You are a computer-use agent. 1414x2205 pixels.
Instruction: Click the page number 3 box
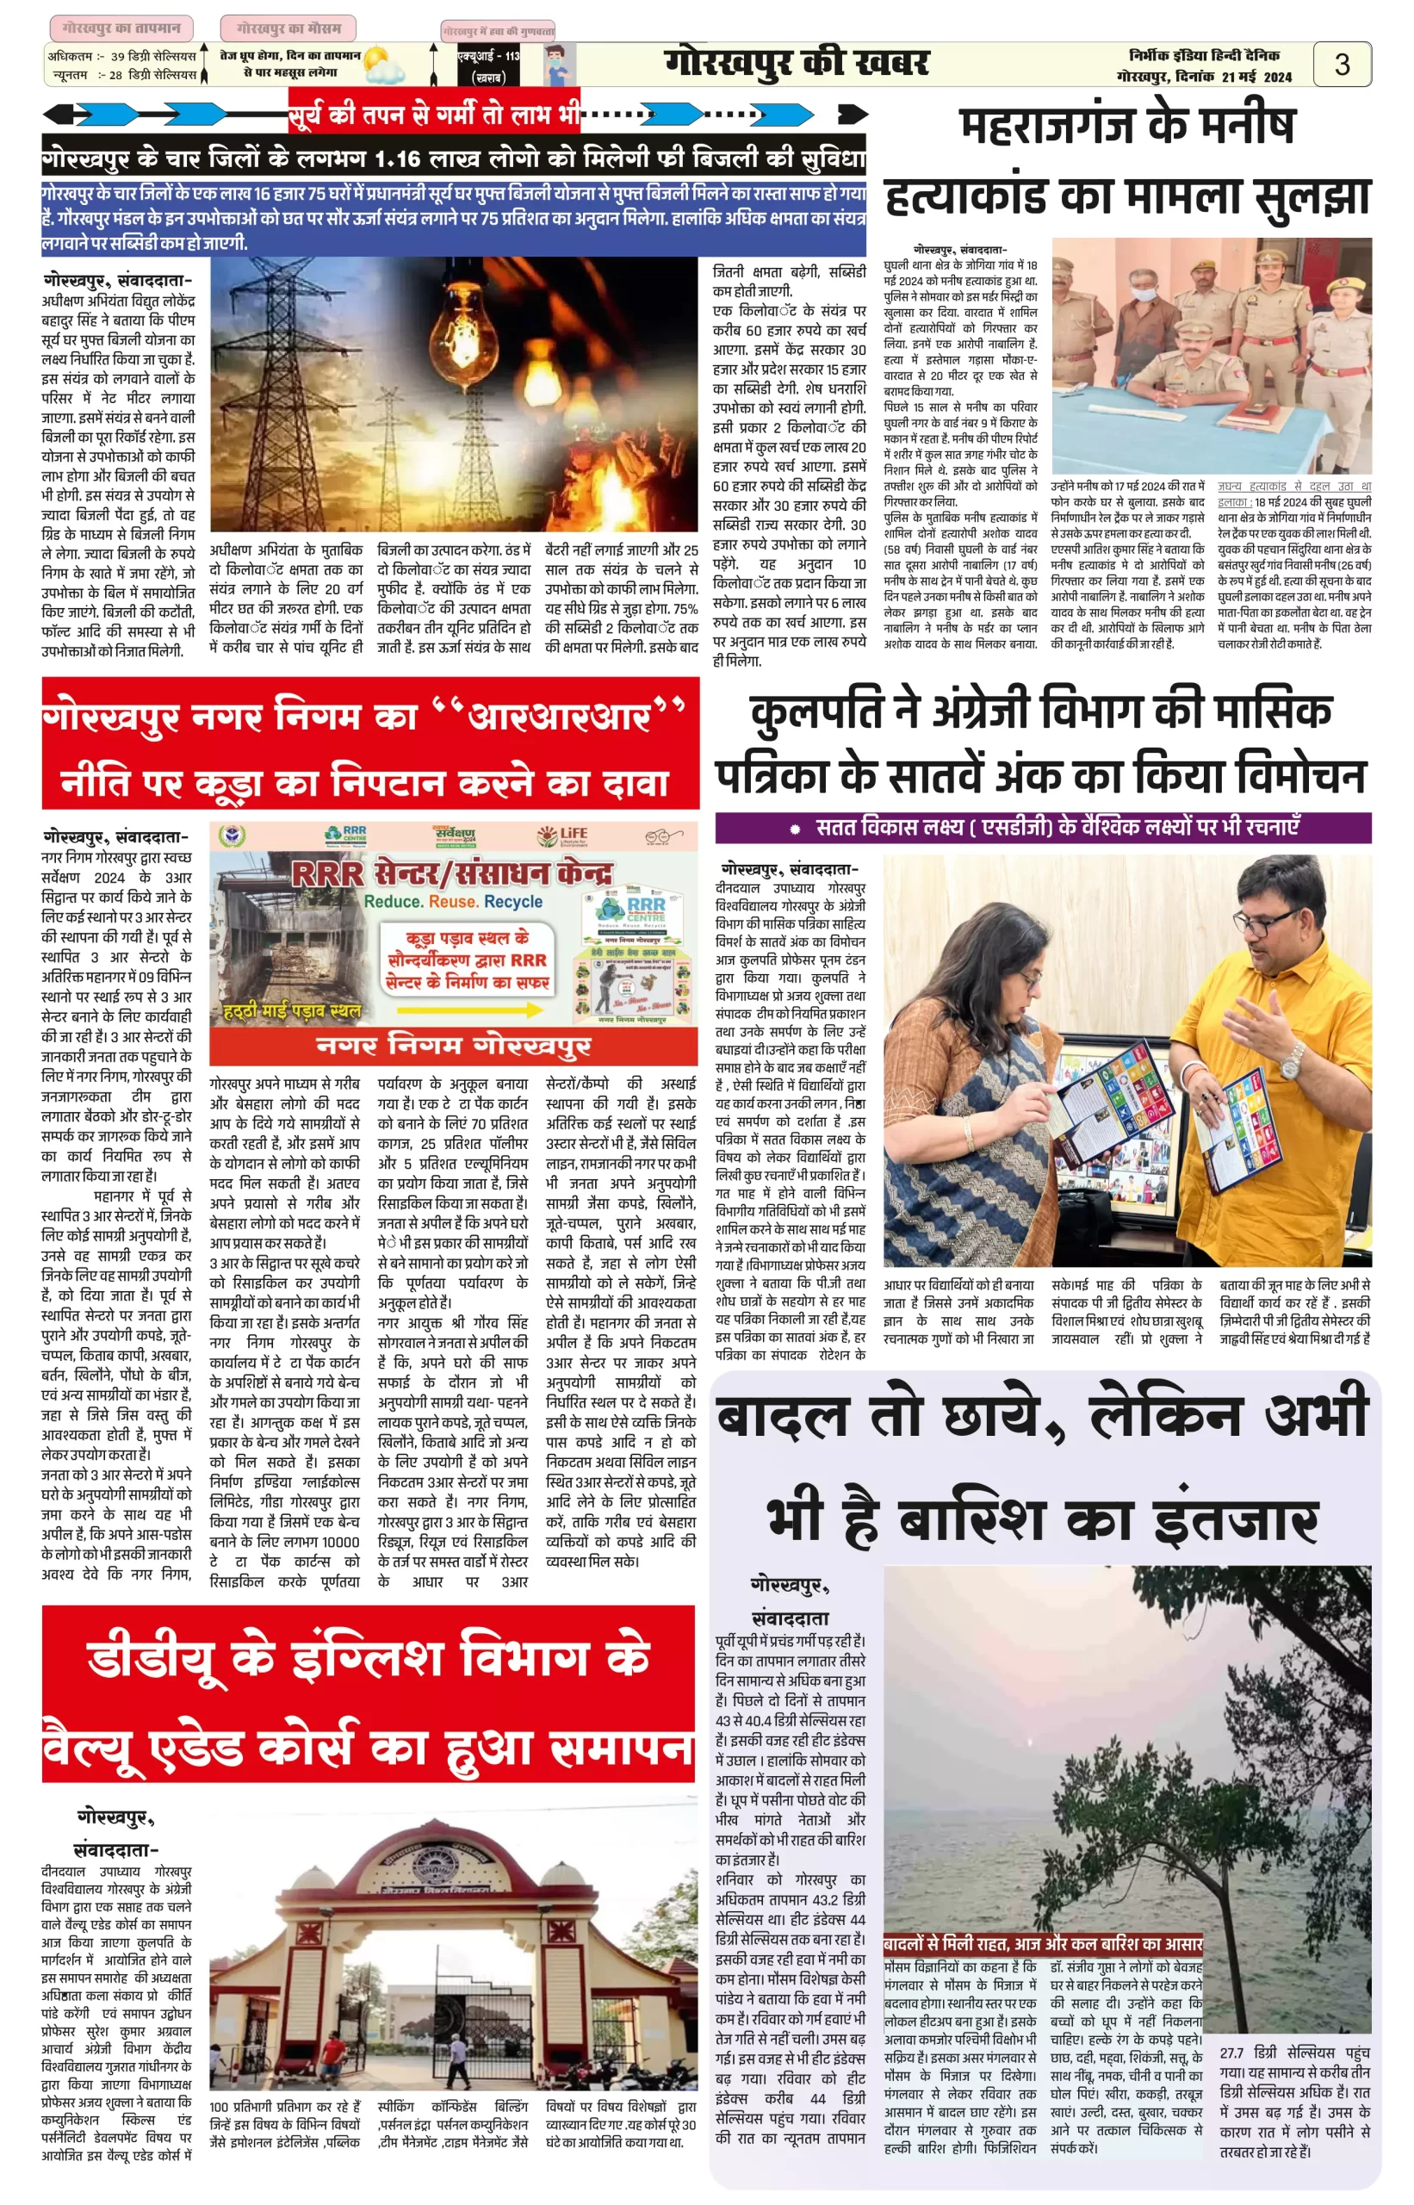point(1342,65)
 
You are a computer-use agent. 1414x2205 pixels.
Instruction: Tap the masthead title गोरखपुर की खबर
point(796,64)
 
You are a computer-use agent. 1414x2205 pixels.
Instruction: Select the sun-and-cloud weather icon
point(383,65)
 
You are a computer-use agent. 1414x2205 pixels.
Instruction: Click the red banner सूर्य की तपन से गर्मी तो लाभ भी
point(434,114)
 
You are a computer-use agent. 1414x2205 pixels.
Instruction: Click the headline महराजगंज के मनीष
point(1126,126)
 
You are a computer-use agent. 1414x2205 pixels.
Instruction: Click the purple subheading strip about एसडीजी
point(1042,828)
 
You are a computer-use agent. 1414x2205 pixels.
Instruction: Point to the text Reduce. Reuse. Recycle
point(453,902)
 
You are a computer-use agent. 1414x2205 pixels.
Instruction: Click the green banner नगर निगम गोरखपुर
point(453,1045)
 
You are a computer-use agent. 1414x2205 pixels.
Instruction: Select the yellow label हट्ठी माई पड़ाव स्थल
point(292,1012)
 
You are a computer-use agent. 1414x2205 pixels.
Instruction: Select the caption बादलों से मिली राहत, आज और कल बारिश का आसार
point(1042,1944)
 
